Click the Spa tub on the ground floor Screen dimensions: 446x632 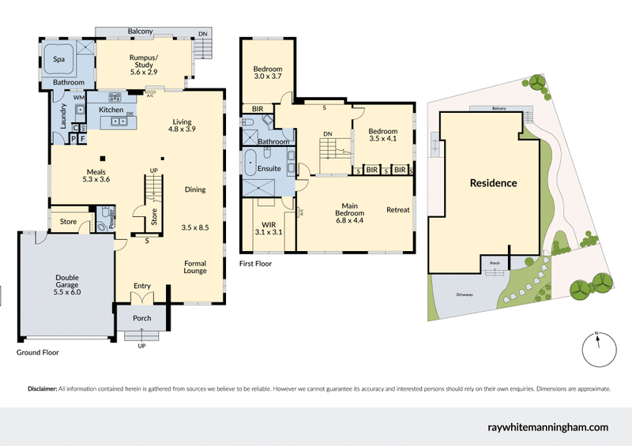[58, 59]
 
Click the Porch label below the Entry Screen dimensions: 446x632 [141, 318]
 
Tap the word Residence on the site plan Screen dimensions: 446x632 [493, 183]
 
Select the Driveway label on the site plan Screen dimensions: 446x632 [465, 294]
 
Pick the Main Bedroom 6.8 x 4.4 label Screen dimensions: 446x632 [349, 213]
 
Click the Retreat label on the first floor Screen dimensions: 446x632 [397, 210]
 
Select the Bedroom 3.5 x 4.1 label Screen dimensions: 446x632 [383, 136]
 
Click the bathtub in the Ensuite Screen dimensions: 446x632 [250, 162]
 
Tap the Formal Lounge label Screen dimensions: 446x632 [195, 268]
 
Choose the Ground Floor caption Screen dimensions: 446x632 [38, 353]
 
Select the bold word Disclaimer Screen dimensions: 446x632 [42, 389]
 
